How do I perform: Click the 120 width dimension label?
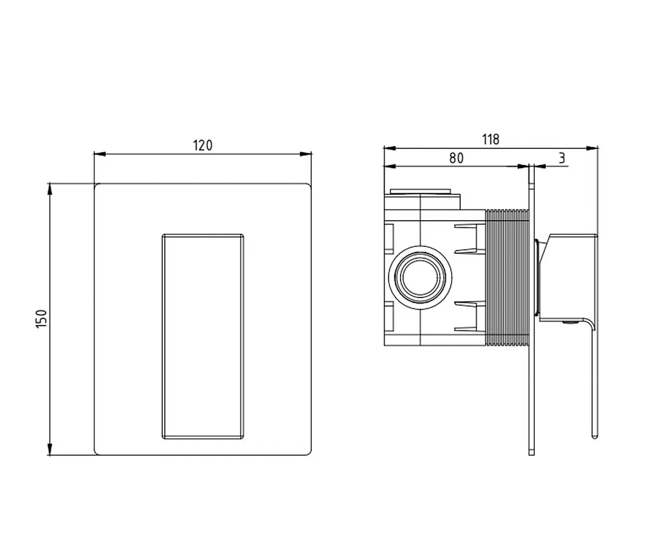(202, 145)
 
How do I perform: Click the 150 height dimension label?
(42, 319)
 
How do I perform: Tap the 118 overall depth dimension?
(491, 139)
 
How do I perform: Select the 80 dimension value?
(456, 158)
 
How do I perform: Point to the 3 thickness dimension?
(562, 158)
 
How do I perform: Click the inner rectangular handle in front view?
(202, 336)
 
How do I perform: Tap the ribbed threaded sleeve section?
(507, 277)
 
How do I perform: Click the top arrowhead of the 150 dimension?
(49, 189)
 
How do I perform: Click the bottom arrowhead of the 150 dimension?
(49, 450)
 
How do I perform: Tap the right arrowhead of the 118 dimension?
(593, 148)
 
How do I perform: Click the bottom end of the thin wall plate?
(532, 454)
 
